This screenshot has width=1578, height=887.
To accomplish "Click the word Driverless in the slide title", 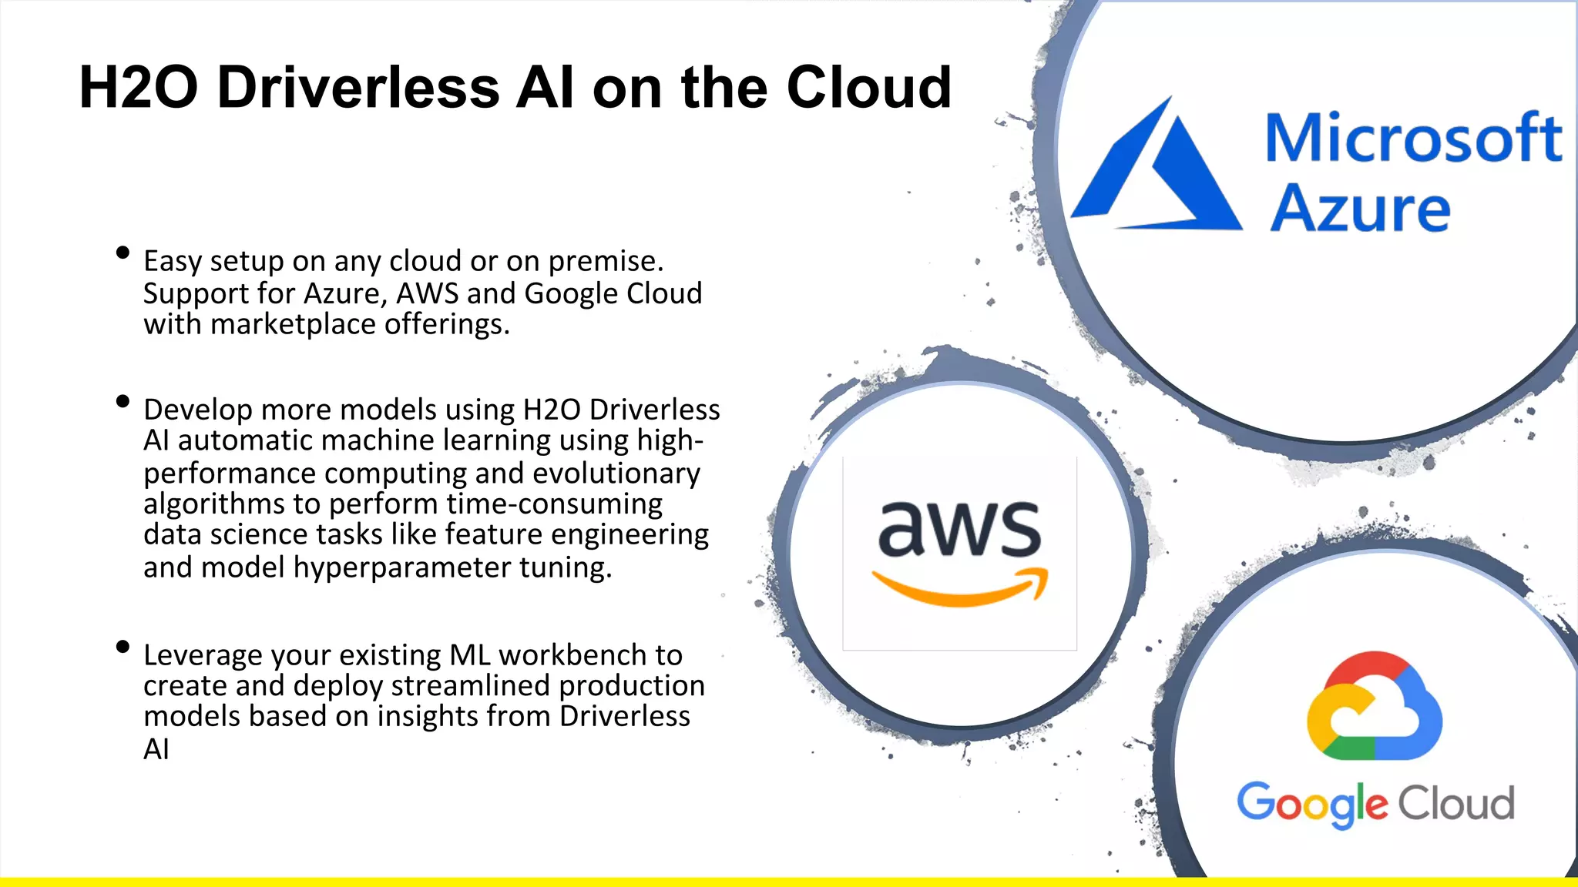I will pos(358,87).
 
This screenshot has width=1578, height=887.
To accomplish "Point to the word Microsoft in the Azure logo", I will pos(1414,138).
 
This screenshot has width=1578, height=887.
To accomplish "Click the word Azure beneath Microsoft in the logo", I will pos(1360,208).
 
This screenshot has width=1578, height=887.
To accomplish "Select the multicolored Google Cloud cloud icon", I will pos(1374,706).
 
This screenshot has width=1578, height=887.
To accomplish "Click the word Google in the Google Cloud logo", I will pos(1312,803).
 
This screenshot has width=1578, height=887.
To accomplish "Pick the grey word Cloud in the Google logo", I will pos(1456,803).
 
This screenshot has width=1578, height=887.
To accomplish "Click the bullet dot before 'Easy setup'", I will pos(123,253).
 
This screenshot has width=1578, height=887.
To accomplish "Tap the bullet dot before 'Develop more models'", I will pos(123,401).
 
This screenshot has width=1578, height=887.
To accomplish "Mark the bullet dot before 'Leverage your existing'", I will pos(123,647).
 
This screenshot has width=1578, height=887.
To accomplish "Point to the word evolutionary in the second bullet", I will pos(616,473).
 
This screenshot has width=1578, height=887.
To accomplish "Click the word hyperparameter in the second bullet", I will pos(401,568).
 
